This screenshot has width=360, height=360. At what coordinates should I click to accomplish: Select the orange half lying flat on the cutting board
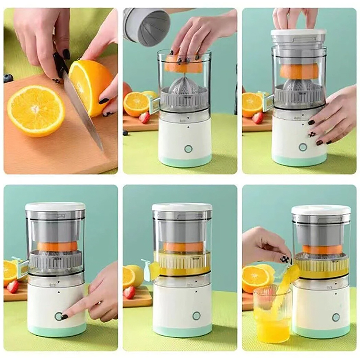[x=36, y=110]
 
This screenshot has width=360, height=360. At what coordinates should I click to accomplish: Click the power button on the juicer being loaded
[x=188, y=148]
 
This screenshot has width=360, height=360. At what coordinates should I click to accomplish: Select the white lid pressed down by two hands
[x=299, y=33]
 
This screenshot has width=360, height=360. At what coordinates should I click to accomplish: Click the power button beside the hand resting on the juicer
[x=303, y=147]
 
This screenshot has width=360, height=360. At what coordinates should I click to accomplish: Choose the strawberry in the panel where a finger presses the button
[x=13, y=287]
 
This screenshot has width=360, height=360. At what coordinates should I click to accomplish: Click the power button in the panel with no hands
[x=196, y=316]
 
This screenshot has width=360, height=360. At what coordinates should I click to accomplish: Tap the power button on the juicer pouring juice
[x=336, y=317]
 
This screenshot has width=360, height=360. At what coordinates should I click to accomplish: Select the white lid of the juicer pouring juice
[x=321, y=210]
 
